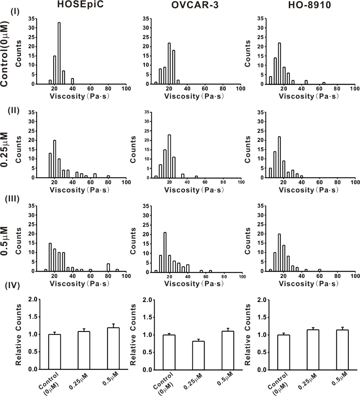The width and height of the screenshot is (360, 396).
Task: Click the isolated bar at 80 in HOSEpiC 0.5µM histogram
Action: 108,267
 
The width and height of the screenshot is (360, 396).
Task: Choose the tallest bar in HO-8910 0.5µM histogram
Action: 279,253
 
